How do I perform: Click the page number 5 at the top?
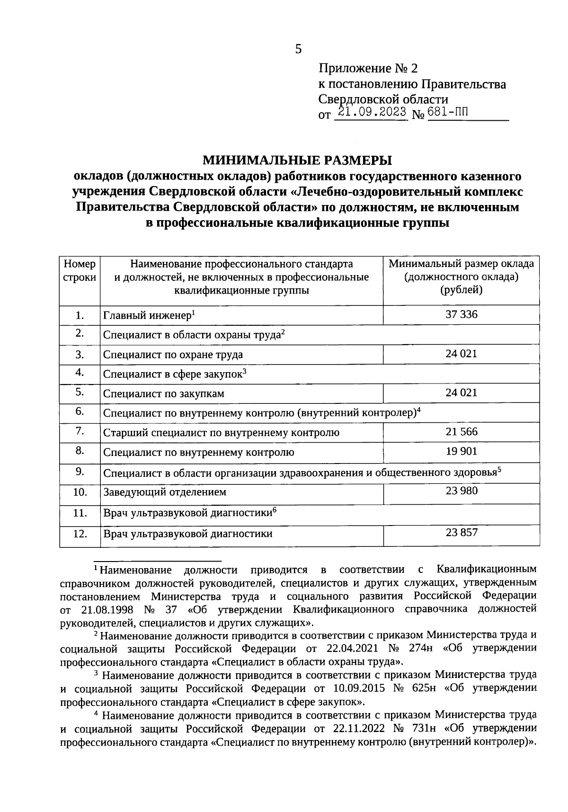click(298, 49)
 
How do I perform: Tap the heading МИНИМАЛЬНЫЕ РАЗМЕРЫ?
click(297, 160)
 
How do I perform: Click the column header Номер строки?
click(80, 271)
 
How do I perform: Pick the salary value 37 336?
click(461, 314)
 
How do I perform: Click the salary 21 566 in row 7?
click(461, 431)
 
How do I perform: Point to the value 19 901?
click(461, 451)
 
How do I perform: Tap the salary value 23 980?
click(461, 491)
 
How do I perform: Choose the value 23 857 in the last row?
click(461, 532)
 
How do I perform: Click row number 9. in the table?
click(80, 471)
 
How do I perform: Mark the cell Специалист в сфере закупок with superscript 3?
click(175, 374)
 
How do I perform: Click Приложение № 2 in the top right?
click(368, 69)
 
